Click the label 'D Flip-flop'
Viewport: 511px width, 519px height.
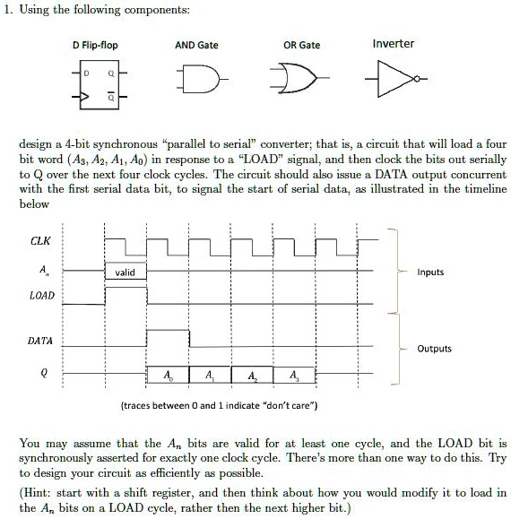point(96,46)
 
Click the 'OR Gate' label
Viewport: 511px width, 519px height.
point(301,46)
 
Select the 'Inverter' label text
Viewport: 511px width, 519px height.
point(393,43)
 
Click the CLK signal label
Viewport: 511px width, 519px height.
point(40,240)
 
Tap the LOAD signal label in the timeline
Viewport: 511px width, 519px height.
point(41,295)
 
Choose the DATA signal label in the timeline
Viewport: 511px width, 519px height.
point(40,341)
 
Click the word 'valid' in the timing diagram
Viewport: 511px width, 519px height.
point(126,272)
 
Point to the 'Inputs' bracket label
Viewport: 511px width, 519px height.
point(430,272)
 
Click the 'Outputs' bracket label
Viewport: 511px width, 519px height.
point(434,349)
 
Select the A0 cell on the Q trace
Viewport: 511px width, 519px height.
point(168,374)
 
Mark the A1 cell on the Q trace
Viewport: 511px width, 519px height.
point(210,374)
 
